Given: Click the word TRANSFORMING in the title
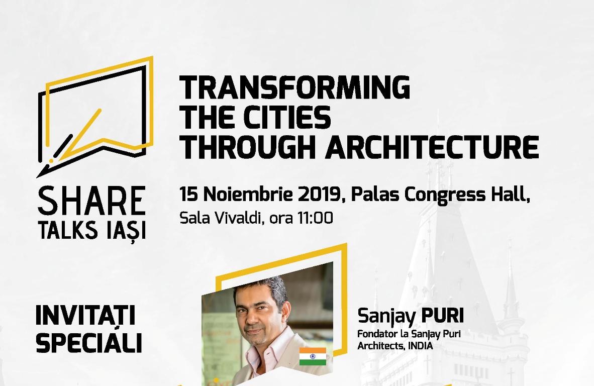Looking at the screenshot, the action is pos(294,87).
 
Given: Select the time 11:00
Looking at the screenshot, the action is pos(315,218).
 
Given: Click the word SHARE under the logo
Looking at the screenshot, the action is pos(91,201).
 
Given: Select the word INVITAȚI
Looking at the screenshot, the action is pos(85,316).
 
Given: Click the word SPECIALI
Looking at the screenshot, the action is pos(89,343).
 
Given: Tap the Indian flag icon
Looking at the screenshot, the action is pos(313,356).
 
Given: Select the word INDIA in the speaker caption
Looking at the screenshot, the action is pos(421,346).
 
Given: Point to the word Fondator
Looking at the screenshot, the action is pos(374,334).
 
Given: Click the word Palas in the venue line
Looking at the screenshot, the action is pos(375,195).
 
